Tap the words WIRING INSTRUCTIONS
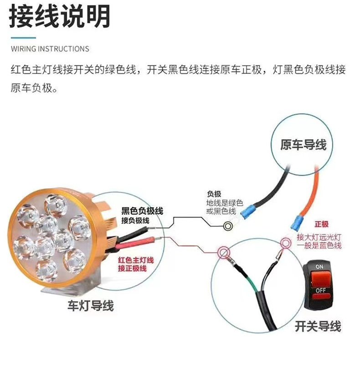click(50, 49)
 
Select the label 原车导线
click(303, 145)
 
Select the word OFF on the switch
click(320, 290)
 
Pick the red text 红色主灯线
click(136, 260)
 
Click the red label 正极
click(321, 224)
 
